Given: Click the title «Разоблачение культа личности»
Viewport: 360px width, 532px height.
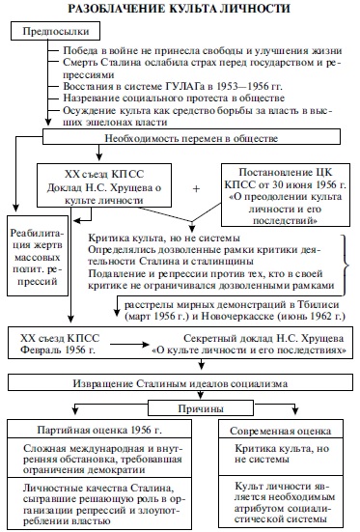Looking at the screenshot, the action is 180,9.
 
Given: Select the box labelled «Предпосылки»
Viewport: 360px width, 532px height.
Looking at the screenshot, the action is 56,31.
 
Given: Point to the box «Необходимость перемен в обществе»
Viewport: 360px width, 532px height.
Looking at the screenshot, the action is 191,137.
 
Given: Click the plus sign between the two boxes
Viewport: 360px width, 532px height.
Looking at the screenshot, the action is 196,188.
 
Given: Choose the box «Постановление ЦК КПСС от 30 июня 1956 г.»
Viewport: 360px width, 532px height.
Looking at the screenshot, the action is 286,195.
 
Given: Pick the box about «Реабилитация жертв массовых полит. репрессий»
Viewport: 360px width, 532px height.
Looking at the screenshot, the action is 38,256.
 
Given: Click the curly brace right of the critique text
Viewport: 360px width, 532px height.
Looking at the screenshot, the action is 345,265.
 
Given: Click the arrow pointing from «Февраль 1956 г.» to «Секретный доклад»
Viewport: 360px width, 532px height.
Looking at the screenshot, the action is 129,345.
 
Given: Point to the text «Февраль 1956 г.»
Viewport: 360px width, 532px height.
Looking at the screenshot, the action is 57,350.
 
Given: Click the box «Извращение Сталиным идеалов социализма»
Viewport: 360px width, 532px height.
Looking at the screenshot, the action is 180,382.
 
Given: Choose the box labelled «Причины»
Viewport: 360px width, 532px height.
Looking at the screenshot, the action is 201,407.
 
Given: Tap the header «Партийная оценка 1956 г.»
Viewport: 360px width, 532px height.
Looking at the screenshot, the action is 99,430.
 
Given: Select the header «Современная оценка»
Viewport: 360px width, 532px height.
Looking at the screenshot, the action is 281,430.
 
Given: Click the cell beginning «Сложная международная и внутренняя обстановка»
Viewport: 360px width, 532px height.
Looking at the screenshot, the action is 99,458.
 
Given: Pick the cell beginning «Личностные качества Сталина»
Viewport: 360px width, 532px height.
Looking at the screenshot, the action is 99,503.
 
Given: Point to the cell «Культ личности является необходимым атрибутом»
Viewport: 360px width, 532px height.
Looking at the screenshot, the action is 281,502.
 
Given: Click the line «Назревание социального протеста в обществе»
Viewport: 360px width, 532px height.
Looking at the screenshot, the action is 174,98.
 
